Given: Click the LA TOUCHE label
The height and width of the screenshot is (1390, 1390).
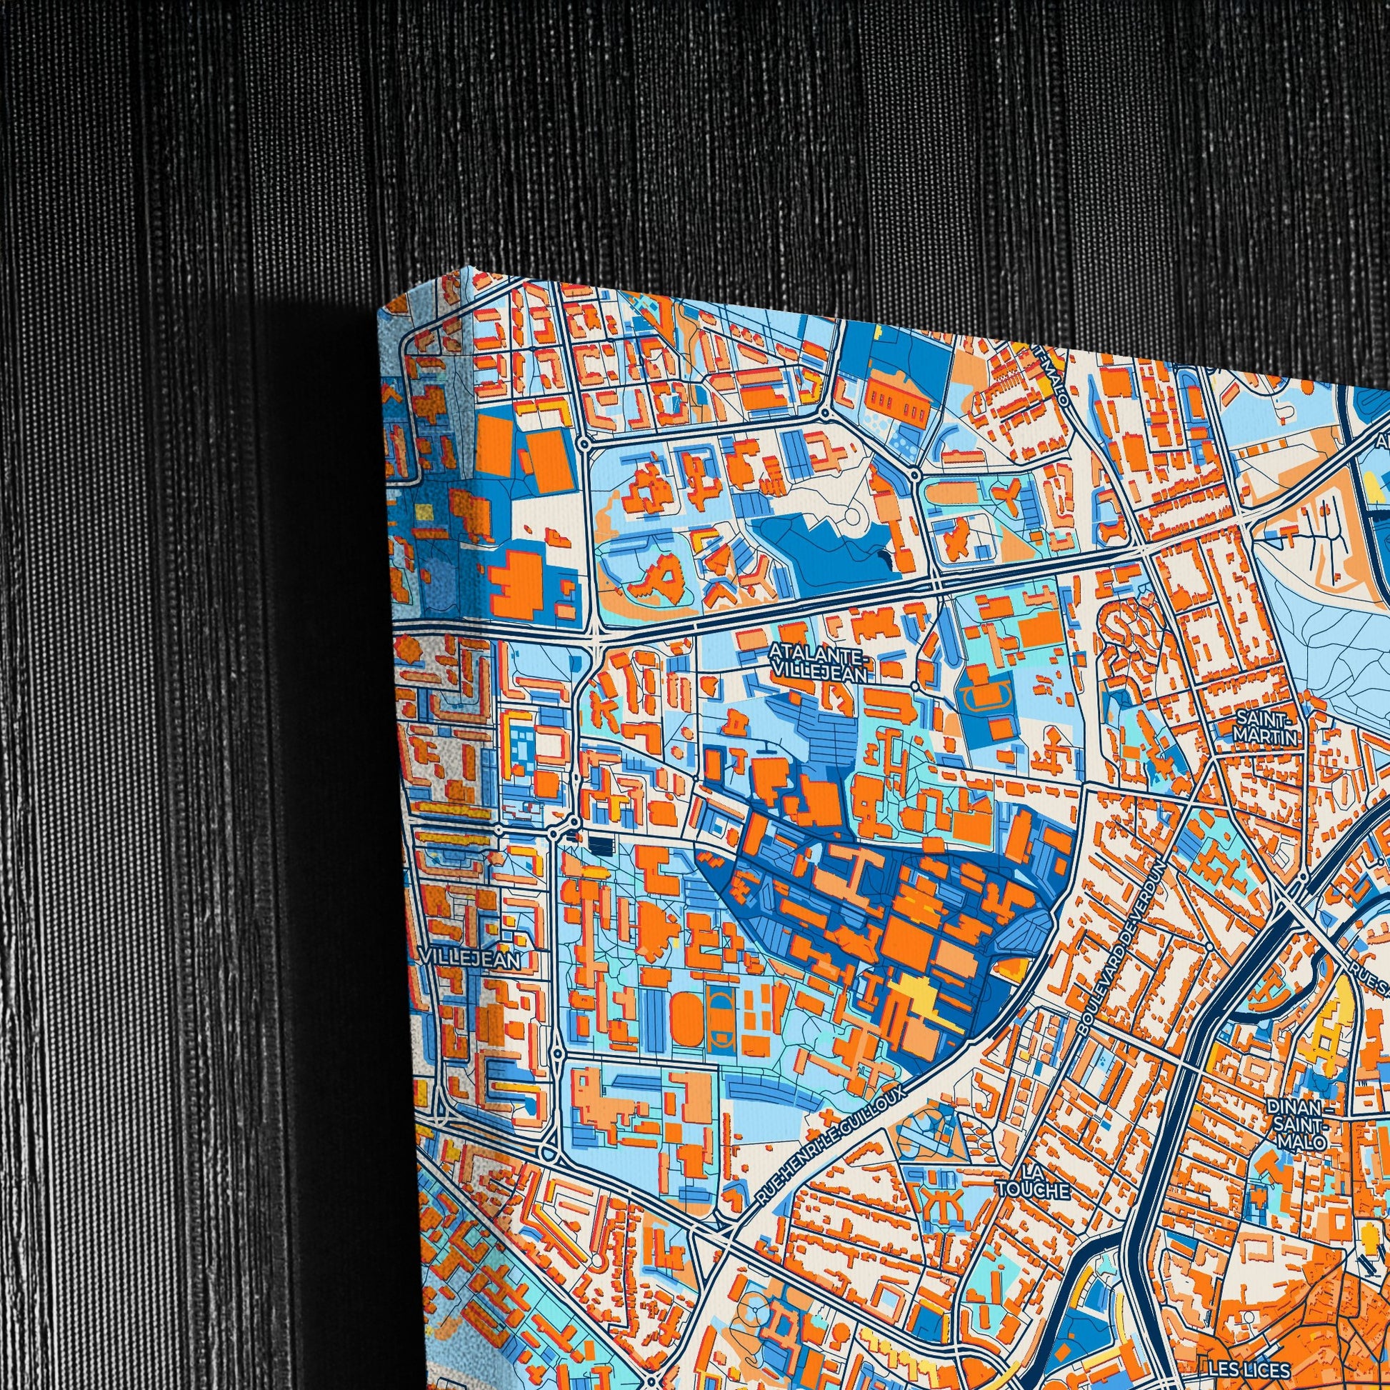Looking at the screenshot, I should click(1033, 1192).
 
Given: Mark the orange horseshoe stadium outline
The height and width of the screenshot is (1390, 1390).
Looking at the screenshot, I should click(986, 696).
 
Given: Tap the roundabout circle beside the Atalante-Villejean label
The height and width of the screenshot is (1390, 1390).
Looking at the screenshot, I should click(914, 686).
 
